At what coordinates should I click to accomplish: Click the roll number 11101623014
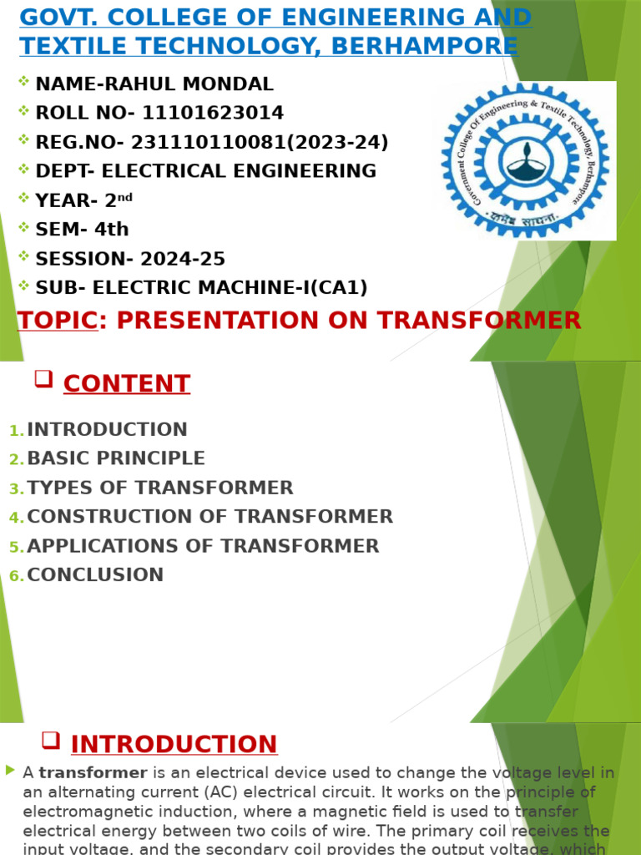click(213, 113)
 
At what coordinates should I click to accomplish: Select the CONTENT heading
click(127, 384)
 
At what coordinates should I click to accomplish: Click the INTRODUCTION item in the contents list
click(107, 430)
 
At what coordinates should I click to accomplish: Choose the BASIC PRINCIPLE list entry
click(116, 458)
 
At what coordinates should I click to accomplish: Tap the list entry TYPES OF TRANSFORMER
click(160, 488)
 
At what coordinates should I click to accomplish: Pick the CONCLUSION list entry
click(95, 574)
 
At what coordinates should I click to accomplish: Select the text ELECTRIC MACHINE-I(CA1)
click(230, 288)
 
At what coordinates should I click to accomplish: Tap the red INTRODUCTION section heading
click(174, 744)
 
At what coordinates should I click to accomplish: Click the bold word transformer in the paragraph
click(93, 773)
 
